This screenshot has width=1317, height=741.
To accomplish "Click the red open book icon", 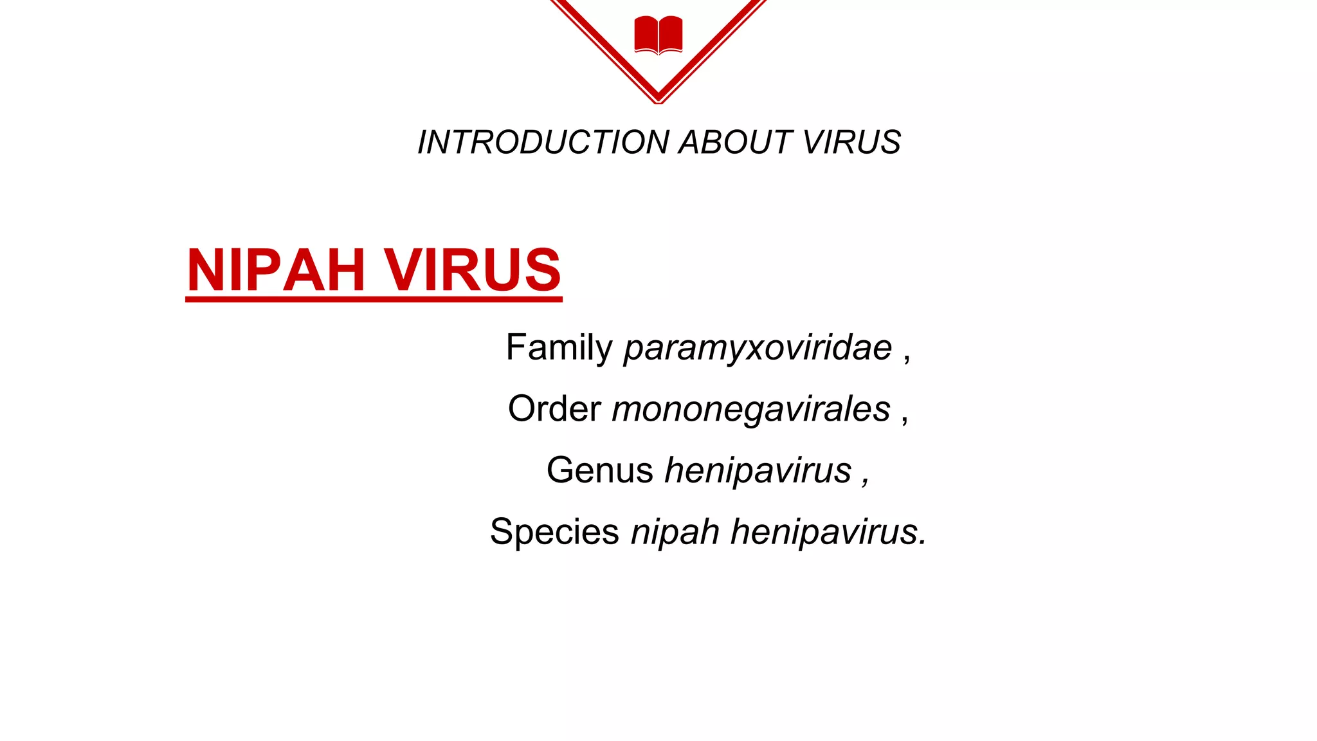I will pyautogui.click(x=658, y=35).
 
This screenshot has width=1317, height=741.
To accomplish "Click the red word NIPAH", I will pyautogui.click(x=276, y=270).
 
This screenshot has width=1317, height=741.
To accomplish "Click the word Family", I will pyautogui.click(x=559, y=348).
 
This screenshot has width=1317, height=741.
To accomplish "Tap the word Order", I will pyautogui.click(x=554, y=408).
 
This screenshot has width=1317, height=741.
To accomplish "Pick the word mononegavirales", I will pyautogui.click(x=750, y=410).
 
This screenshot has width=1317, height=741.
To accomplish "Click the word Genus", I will pyautogui.click(x=599, y=470).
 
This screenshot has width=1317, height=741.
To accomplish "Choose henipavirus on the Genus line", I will pyautogui.click(x=758, y=470).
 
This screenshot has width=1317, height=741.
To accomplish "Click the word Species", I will pyautogui.click(x=554, y=532).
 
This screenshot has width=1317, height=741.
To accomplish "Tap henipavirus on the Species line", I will pyautogui.click(x=828, y=532).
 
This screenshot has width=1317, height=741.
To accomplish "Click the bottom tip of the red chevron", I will pyautogui.click(x=658, y=100).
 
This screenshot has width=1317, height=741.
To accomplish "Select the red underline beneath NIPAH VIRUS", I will pyautogui.click(x=374, y=298).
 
